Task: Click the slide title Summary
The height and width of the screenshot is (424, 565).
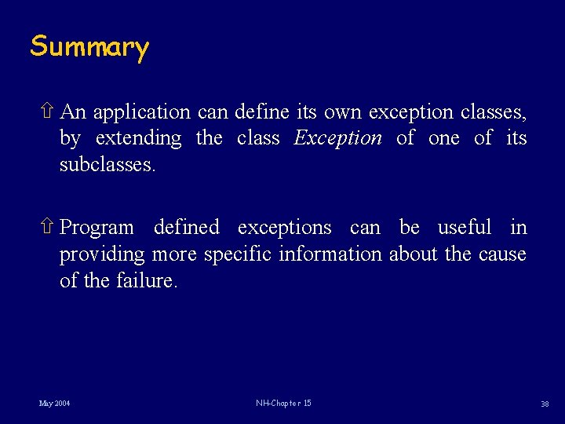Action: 89,47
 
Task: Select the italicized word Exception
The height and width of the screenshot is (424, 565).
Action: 337,138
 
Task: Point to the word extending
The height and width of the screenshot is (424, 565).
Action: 138,139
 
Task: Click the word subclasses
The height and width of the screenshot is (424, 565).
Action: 108,165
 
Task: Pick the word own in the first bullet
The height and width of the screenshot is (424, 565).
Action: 342,112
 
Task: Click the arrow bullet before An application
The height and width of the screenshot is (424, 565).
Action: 48,111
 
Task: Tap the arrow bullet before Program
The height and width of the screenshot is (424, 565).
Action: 48,227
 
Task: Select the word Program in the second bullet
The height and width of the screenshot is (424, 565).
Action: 97,228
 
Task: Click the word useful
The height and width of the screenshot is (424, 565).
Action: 465,227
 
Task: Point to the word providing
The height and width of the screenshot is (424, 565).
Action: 102,254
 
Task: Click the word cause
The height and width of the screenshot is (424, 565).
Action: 500,254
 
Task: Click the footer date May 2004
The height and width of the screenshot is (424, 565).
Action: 54,404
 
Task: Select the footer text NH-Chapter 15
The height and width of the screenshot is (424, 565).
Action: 283,404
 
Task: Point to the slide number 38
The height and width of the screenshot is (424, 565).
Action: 545,404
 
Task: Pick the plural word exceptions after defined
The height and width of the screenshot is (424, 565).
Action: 284,228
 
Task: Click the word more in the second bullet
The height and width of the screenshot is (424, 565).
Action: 174,254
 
